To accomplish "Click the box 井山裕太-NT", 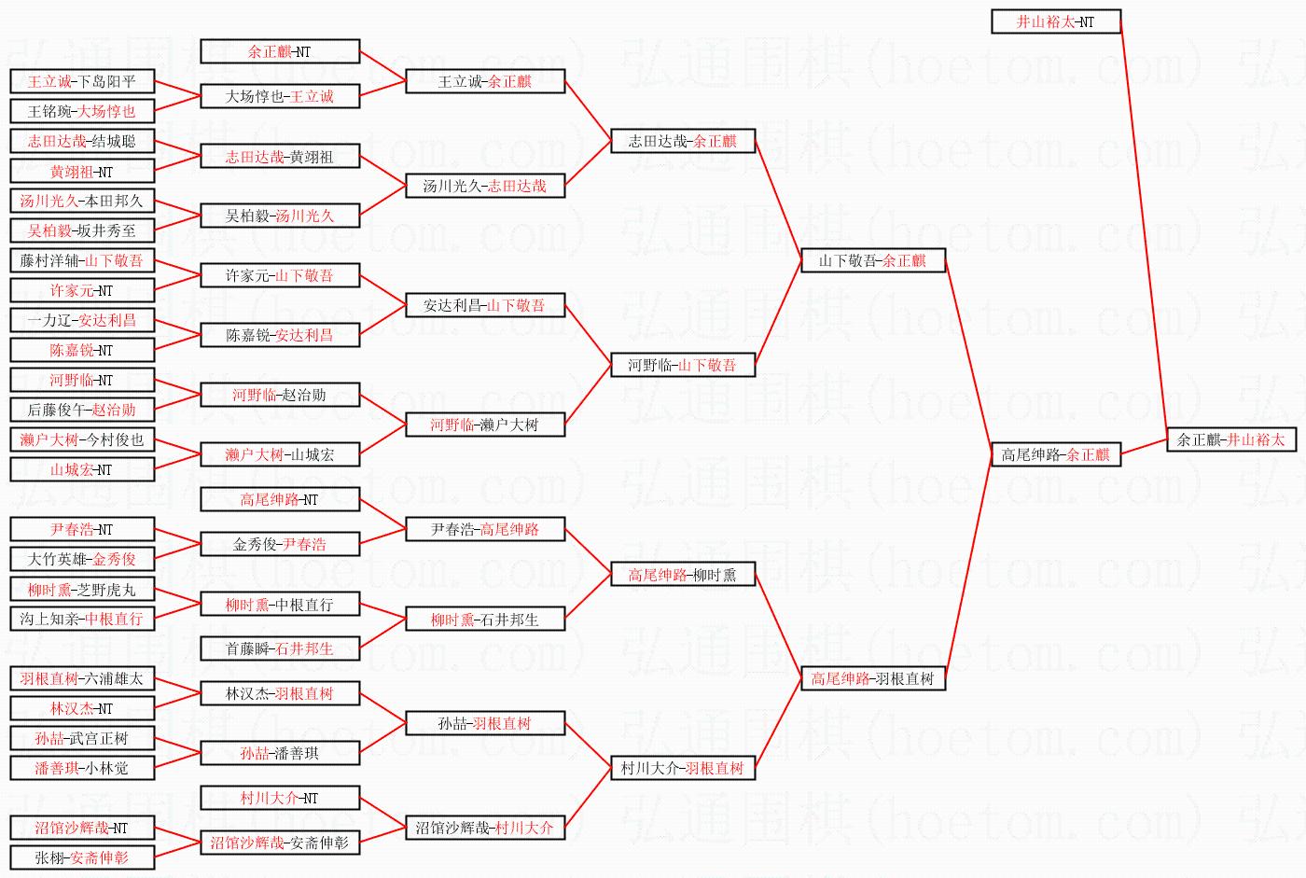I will coord(1055,21).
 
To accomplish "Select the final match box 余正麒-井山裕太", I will coord(1230,439).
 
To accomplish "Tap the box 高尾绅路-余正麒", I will coord(1055,454).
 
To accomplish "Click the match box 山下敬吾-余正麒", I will coord(872,260).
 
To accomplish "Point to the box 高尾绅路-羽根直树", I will coord(872,678).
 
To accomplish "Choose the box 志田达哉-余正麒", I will coord(682,141).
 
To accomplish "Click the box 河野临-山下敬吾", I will coord(682,365).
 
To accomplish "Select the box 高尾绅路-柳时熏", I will coord(682,575).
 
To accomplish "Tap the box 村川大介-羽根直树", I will coord(682,768).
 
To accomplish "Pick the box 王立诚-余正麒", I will coord(485,81).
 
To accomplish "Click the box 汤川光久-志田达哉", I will coord(485,186).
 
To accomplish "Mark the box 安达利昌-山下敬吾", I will coord(485,305).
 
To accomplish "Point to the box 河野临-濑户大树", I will coord(485,425).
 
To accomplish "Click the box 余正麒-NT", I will coord(280,51).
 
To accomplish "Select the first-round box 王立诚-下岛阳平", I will coord(82,81).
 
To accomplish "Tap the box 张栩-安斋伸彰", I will coord(82,857).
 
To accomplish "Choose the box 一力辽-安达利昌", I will coord(82,320).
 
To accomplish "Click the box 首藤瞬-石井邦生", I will coord(280,648).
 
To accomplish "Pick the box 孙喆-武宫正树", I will coord(82,738).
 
